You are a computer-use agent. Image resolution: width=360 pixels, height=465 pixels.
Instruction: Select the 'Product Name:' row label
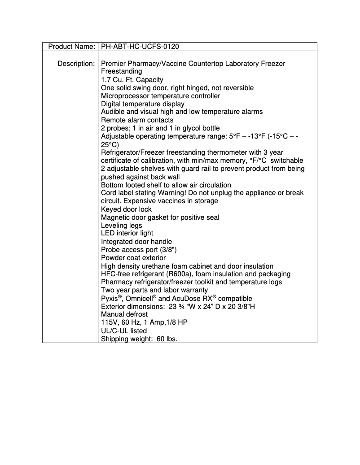71,47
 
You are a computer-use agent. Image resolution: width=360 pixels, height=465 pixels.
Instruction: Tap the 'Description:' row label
76,64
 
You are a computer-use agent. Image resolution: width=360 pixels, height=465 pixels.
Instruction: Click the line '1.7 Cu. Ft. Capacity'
132,80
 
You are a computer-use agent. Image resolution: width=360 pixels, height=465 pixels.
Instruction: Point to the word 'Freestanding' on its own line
121,72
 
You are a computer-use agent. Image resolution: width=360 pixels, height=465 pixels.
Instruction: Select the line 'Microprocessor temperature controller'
160,96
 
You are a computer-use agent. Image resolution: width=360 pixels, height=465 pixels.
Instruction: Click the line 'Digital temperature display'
142,104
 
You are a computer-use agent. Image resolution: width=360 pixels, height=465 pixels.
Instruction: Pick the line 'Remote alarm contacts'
137,120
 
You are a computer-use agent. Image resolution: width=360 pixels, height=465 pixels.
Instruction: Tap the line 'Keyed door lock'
126,209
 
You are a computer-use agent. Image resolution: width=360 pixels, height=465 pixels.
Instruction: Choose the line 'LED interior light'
127,234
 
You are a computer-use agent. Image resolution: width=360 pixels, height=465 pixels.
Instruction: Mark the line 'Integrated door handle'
136,242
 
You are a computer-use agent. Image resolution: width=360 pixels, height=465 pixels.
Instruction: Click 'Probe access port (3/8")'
138,250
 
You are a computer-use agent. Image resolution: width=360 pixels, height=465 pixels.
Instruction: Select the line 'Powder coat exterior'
133,258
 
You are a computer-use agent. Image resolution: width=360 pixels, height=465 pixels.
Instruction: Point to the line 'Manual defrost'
124,314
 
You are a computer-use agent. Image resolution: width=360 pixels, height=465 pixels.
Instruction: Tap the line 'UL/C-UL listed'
123,331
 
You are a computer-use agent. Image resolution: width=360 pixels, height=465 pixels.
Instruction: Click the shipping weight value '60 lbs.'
167,339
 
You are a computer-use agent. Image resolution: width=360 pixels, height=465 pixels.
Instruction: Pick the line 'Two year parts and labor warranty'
154,290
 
